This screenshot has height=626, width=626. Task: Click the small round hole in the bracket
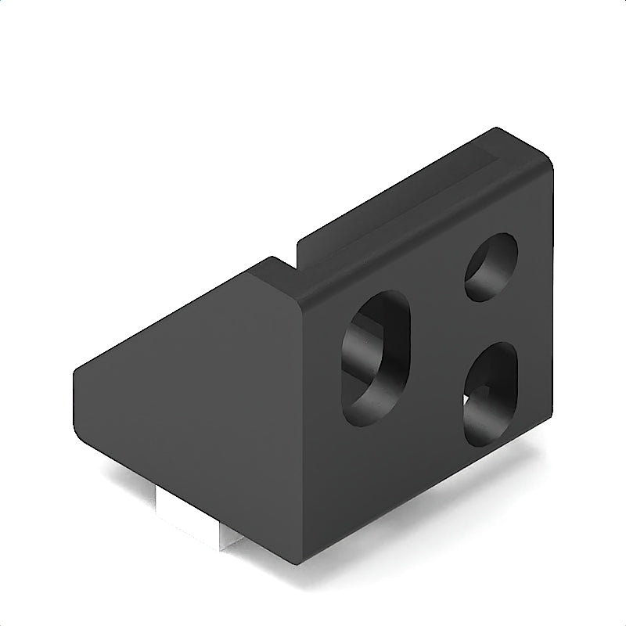pos(491,267)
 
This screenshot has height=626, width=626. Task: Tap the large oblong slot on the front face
pos(376,357)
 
